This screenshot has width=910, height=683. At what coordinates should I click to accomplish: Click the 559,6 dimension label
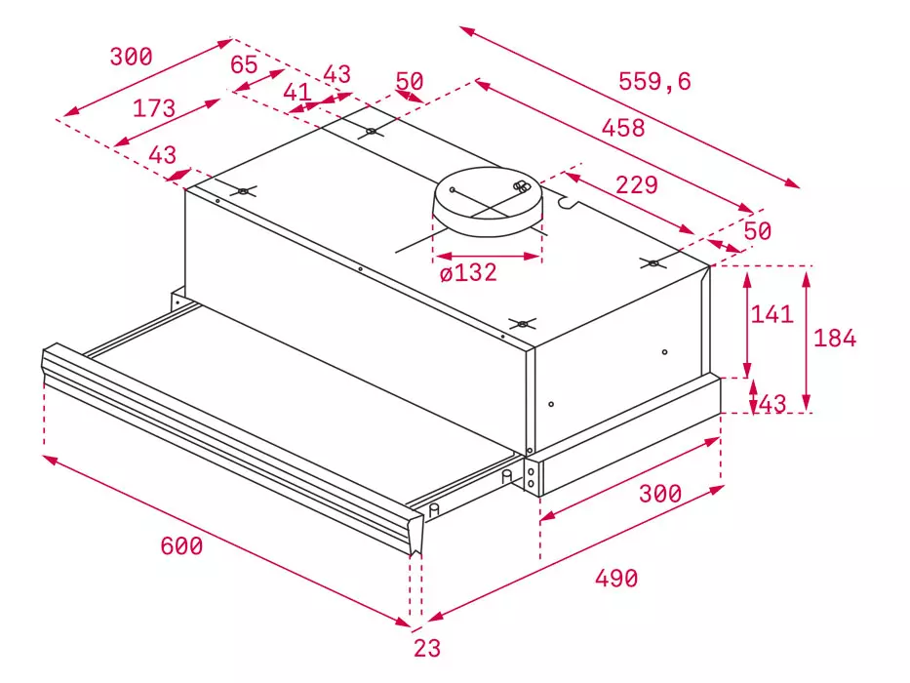(654, 81)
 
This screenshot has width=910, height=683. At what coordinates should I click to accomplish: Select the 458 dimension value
(623, 128)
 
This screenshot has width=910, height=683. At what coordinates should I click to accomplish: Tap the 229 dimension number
(637, 184)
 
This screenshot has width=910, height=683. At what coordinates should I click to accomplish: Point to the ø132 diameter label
(468, 272)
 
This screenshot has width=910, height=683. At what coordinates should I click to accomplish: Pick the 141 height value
(772, 314)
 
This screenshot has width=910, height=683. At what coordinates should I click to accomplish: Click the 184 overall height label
(835, 338)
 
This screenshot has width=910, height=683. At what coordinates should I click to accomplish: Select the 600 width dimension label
(181, 546)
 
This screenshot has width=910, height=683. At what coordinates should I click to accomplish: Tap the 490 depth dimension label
(616, 578)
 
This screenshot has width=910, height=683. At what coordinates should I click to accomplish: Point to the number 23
(427, 648)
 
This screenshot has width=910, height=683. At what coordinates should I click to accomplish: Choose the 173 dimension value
(154, 108)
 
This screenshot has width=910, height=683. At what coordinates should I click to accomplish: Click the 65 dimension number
(244, 64)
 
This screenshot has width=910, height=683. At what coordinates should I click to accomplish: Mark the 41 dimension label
(297, 92)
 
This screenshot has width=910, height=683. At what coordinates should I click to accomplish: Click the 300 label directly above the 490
(660, 494)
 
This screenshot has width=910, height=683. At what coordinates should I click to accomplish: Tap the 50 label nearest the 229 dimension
(758, 231)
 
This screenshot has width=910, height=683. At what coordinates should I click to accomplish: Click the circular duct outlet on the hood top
(488, 202)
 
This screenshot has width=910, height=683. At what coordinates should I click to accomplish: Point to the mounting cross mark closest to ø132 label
(523, 324)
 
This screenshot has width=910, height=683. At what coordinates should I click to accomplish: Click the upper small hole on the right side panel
(664, 352)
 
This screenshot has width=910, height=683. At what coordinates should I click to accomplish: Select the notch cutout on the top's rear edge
(567, 201)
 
